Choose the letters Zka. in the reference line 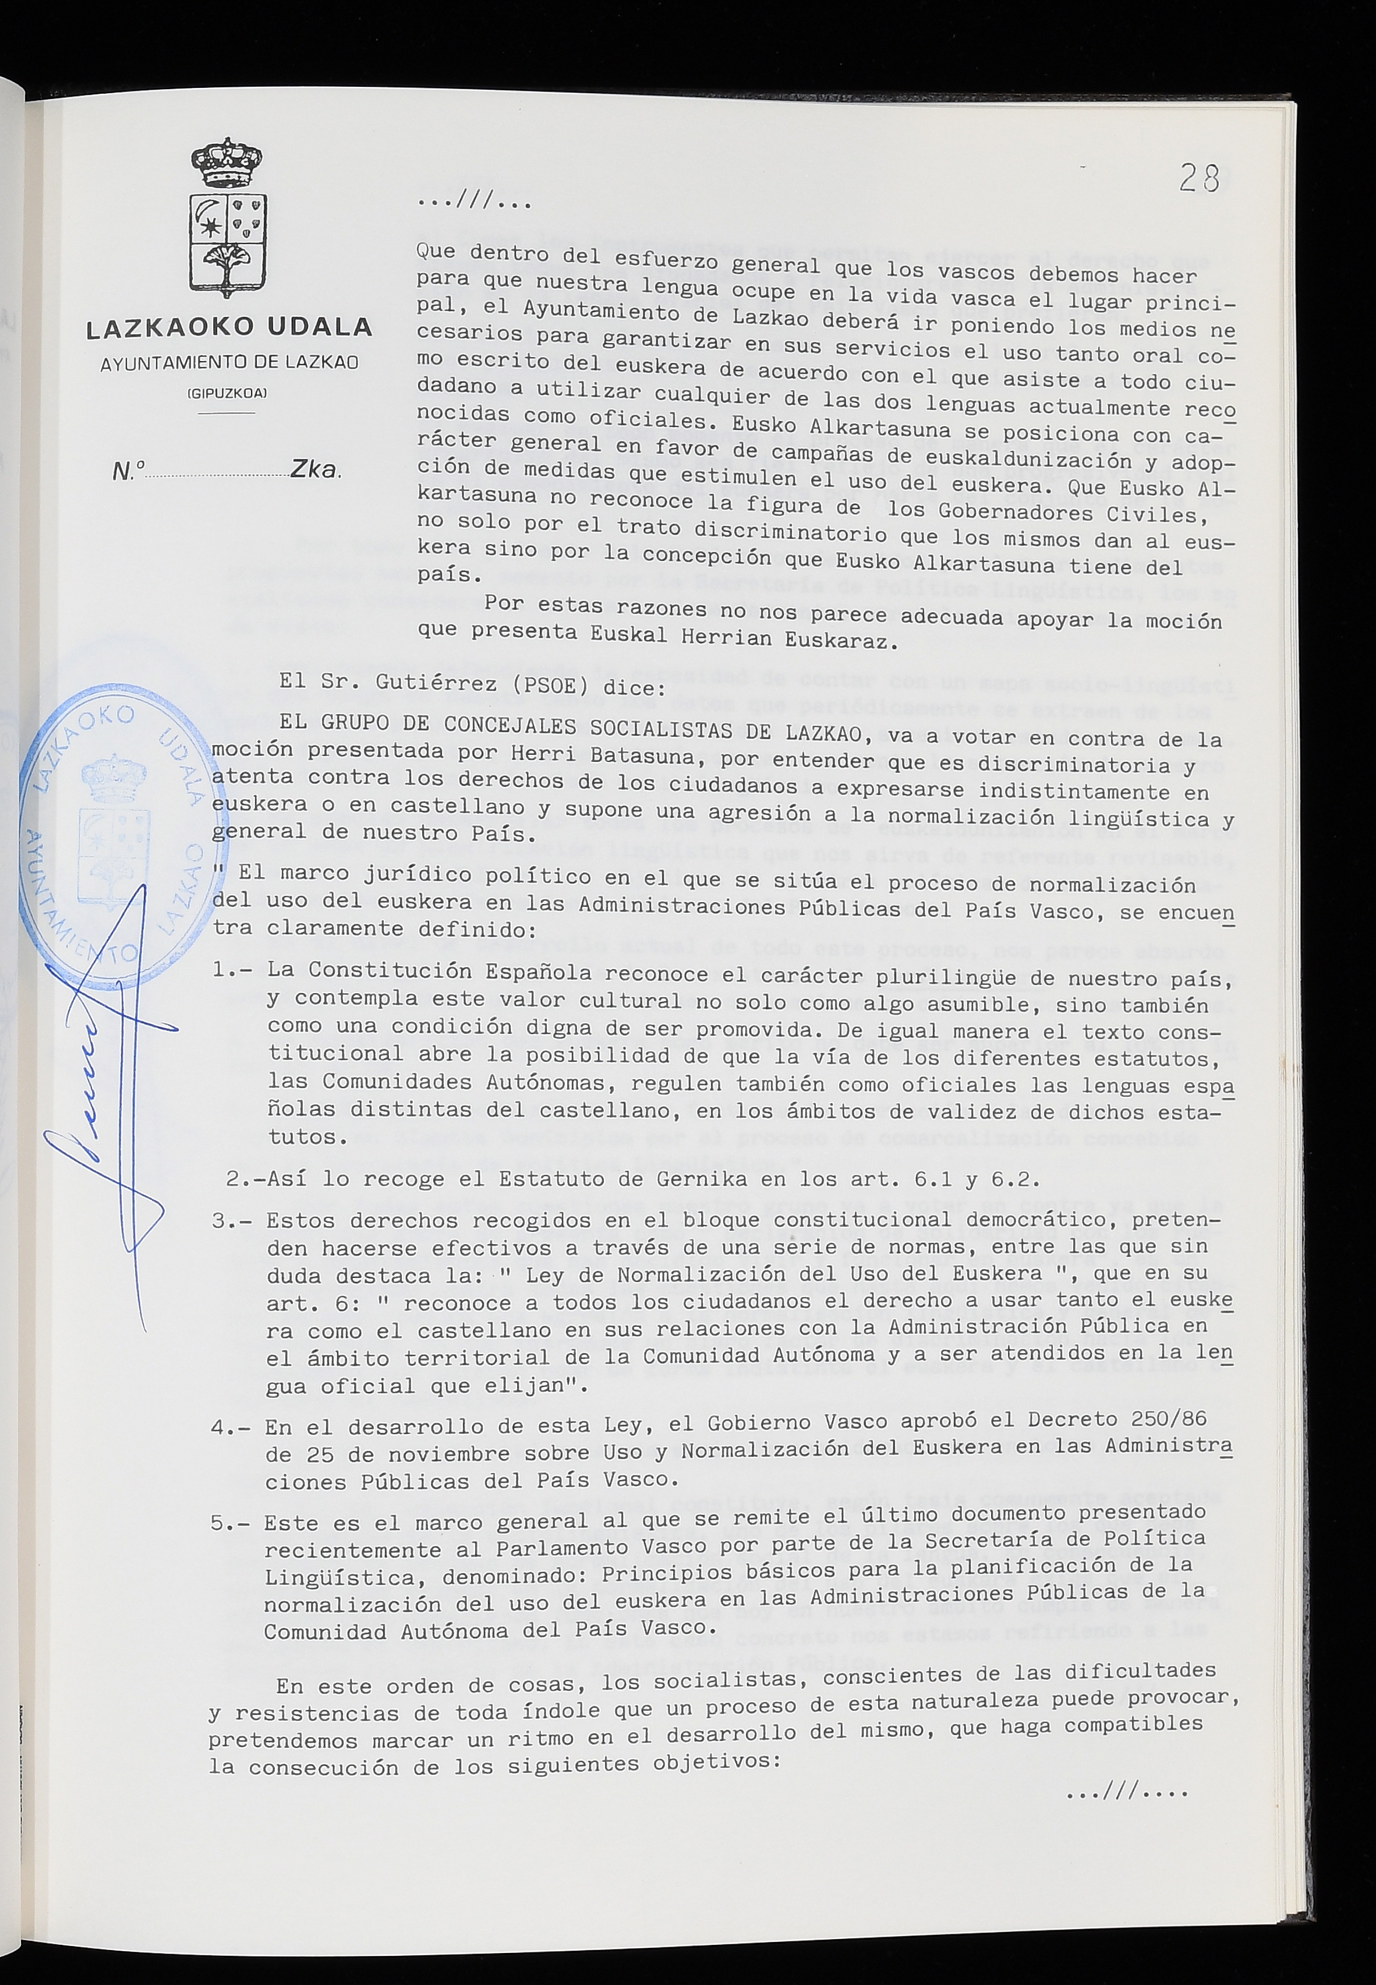[x=316, y=469]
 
